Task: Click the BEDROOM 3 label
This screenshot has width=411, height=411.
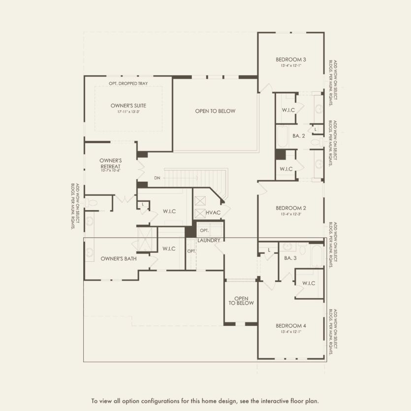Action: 291,60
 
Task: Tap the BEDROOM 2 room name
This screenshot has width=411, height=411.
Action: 291,208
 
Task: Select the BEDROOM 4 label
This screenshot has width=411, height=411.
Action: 291,326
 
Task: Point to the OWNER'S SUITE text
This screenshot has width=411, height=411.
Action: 128,105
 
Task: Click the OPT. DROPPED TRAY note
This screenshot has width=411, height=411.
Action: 128,83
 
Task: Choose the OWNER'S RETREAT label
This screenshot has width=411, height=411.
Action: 110,163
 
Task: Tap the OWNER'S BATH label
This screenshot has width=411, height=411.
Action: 119,258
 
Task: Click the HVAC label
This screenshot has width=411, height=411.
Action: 213,212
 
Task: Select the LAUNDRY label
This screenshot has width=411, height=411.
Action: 209,240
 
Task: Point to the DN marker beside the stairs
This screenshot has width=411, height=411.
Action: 157,178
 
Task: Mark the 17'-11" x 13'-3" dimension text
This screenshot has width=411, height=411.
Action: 128,112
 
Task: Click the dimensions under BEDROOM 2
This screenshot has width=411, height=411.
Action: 291,214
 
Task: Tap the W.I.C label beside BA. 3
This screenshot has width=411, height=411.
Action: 309,283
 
